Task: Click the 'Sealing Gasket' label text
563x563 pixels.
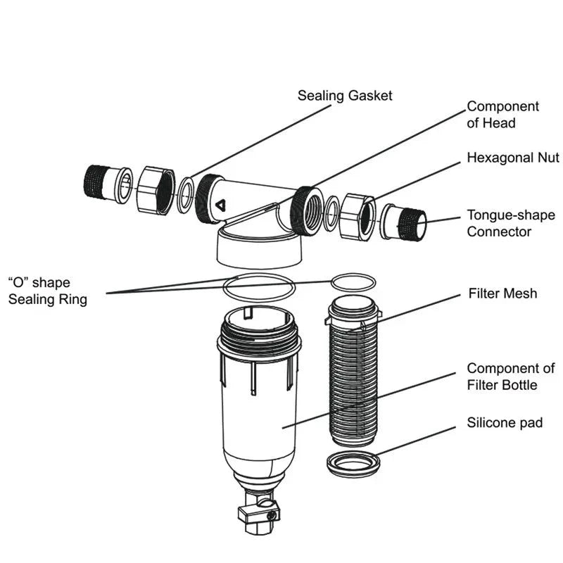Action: pyautogui.click(x=344, y=95)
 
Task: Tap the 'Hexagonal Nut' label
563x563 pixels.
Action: pyautogui.click(x=513, y=158)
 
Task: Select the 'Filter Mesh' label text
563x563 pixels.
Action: pyautogui.click(x=502, y=293)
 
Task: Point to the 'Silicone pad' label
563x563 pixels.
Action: pyautogui.click(x=505, y=423)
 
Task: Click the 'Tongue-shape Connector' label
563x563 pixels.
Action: pyautogui.click(x=511, y=223)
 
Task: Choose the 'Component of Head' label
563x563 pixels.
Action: pyautogui.click(x=503, y=115)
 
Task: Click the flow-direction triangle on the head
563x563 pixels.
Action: pyautogui.click(x=220, y=206)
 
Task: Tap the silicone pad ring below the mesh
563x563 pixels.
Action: pyautogui.click(x=354, y=464)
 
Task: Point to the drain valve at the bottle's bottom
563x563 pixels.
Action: pyautogui.click(x=258, y=513)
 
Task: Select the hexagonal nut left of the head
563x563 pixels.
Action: pyautogui.click(x=154, y=190)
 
